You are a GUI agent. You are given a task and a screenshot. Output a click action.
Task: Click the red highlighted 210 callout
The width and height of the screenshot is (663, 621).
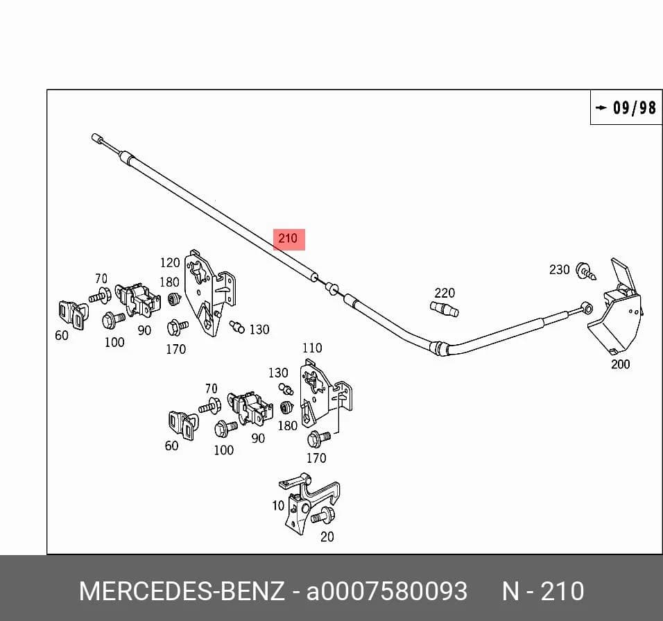tap(289, 239)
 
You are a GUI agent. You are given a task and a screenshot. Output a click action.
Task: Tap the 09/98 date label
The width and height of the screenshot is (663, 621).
tap(635, 108)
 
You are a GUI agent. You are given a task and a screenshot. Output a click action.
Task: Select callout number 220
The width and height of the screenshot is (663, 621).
tap(445, 293)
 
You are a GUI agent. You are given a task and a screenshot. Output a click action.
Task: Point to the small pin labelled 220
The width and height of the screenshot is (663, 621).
tap(445, 309)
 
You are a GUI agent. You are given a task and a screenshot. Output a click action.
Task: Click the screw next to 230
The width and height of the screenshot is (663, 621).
tap(587, 272)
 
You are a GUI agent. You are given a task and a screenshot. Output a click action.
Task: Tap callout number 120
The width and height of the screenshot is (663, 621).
tap(170, 263)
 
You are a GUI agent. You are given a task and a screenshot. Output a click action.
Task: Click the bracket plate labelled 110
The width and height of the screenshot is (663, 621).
tap(324, 393)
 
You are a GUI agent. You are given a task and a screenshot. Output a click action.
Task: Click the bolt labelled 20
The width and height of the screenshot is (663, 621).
tap(323, 516)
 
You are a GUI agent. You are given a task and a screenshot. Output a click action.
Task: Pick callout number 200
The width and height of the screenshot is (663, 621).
tap(620, 364)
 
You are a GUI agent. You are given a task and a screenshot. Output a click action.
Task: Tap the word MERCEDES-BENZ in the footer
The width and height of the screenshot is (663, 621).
tap(182, 591)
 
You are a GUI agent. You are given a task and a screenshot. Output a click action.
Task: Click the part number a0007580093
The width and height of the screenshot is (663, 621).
tap(387, 591)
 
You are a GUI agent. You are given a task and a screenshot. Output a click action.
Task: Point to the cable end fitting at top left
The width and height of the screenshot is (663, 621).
tap(97, 138)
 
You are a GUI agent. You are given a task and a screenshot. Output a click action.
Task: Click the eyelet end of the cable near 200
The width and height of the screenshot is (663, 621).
tap(586, 307)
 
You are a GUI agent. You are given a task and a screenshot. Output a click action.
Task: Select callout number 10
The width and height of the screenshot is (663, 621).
tap(278, 506)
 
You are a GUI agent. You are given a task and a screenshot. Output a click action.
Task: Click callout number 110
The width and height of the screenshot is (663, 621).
tap(312, 348)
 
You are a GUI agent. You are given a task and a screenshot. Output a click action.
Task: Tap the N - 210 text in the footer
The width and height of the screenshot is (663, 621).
tap(543, 591)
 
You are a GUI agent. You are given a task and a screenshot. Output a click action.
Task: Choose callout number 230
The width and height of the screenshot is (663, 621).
tap(560, 269)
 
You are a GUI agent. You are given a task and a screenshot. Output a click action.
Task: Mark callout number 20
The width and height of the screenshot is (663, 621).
tap(327, 537)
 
